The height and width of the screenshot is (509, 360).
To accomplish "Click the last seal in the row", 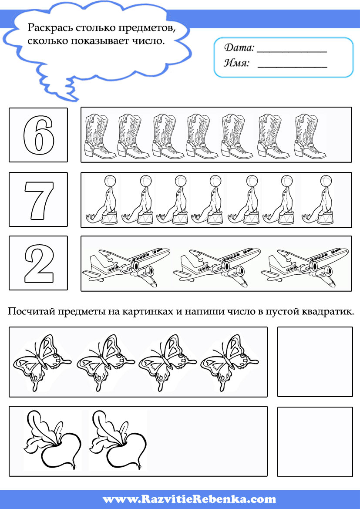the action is pyautogui.click(x=317, y=200).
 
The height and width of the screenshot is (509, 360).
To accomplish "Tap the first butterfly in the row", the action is pyautogui.click(x=41, y=362).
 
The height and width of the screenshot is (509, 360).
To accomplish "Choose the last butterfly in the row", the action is pyautogui.click(x=229, y=362).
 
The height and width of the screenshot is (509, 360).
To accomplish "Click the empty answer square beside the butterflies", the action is pyautogui.click(x=315, y=362).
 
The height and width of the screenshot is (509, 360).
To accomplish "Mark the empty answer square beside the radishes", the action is pyautogui.click(x=315, y=442).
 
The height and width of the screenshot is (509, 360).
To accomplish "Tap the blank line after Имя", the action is pyautogui.click(x=292, y=67).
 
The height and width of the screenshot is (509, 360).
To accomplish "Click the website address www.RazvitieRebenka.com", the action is pyautogui.click(x=189, y=499).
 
